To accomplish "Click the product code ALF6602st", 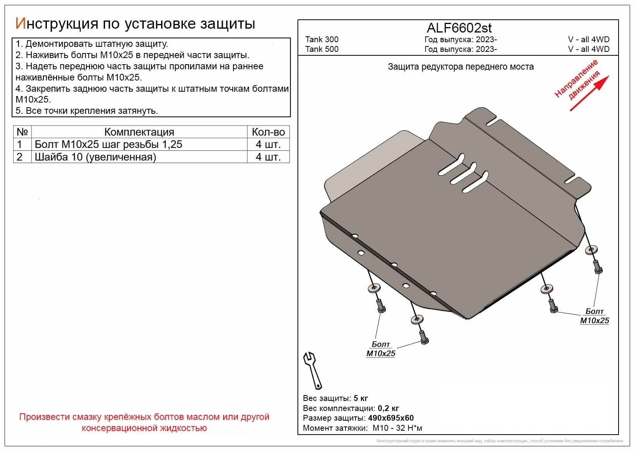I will [x=459, y=28].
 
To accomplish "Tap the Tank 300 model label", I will [x=321, y=39].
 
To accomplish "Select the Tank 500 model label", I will [x=321, y=49].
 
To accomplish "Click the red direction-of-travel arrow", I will [x=589, y=93].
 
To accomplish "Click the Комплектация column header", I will [x=139, y=132].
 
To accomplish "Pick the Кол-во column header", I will [x=268, y=132].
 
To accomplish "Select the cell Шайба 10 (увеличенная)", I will [x=95, y=157].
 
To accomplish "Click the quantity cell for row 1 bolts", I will [x=268, y=144].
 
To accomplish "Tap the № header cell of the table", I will [x=22, y=132].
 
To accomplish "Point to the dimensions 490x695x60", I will [x=390, y=418].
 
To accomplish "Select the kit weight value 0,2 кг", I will [x=388, y=408].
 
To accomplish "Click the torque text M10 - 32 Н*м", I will [x=397, y=428].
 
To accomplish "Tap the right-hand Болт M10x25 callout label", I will [x=594, y=316].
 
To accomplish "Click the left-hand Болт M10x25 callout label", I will [x=381, y=349].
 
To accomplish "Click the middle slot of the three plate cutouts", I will [x=462, y=173].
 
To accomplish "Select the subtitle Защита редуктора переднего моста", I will [x=461, y=67].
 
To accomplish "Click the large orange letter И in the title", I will [x=20, y=24].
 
